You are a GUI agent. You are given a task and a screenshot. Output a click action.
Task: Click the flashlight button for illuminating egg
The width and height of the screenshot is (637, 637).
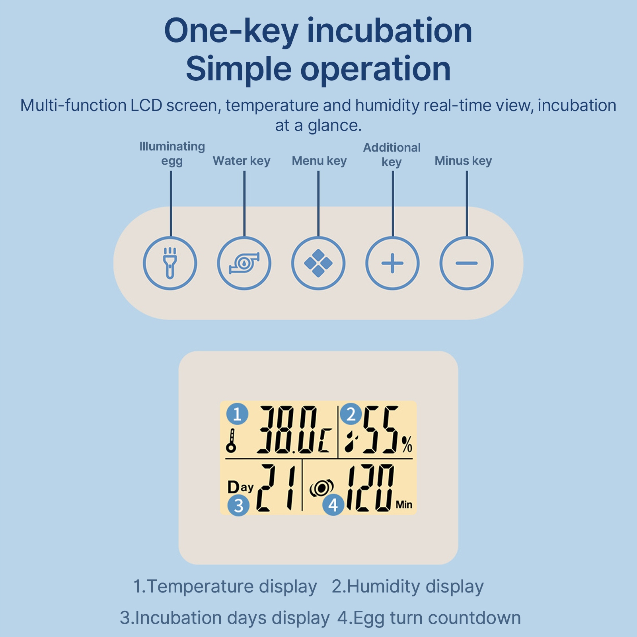point(170,263)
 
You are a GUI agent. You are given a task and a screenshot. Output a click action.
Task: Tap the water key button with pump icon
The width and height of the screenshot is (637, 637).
point(244,263)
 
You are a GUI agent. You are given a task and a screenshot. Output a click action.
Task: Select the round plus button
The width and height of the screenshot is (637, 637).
point(392,263)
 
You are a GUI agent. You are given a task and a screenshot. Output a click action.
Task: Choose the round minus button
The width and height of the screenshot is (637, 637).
point(466,263)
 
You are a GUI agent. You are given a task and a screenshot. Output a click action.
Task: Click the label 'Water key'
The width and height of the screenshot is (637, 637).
point(242,161)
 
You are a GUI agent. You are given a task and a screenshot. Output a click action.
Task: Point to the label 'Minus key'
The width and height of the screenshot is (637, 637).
point(463,161)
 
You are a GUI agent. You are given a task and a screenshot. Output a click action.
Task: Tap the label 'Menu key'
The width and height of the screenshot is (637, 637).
point(319,161)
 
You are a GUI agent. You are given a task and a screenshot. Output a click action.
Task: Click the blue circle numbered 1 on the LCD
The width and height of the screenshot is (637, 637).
point(238,414)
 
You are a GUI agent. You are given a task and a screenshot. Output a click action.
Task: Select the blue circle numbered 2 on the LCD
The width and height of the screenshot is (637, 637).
point(351,414)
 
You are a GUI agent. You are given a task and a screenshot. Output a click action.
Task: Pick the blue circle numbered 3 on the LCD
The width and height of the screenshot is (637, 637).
point(238,506)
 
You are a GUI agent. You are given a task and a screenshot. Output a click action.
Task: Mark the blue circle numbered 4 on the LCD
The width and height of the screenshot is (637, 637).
point(333,505)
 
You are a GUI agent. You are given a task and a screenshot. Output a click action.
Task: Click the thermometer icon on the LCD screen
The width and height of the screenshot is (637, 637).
point(231,441)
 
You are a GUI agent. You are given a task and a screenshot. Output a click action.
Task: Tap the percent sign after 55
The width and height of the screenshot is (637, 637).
point(407,444)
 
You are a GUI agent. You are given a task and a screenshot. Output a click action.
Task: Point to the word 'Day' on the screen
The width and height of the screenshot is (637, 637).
point(240,487)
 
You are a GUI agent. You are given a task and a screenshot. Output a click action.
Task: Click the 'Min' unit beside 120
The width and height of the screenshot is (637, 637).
point(404,505)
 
